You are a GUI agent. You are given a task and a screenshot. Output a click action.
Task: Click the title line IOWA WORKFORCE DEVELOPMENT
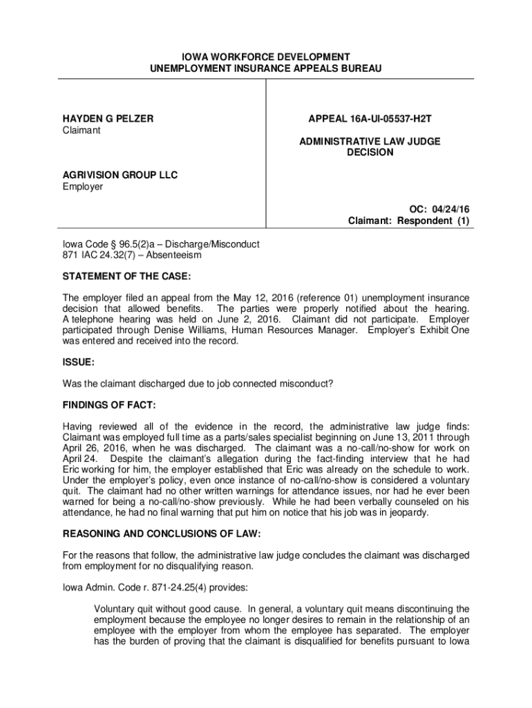(x=266, y=57)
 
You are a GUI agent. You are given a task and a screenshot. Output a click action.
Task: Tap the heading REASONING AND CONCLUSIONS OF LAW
(x=167, y=534)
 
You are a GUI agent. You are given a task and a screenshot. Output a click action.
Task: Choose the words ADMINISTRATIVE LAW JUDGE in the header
(x=370, y=141)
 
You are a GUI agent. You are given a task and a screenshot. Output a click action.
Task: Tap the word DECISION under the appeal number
(x=370, y=152)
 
